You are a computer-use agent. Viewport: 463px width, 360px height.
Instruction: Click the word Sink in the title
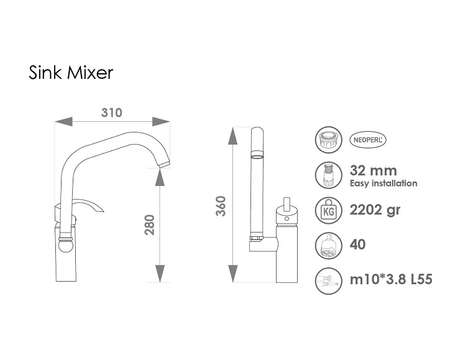[x=45, y=72]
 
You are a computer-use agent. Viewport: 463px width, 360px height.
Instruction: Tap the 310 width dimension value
[x=112, y=113]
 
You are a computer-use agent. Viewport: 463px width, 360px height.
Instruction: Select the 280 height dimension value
[x=150, y=224]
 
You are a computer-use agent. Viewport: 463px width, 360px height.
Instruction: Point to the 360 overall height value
[x=221, y=206]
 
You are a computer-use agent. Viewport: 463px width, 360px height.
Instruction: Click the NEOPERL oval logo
[x=368, y=140]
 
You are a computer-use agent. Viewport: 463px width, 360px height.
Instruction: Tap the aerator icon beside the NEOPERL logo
[x=328, y=140]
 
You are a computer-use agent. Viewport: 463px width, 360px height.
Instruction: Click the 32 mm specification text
[x=374, y=170]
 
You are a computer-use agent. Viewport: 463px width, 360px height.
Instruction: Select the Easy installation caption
[x=383, y=183]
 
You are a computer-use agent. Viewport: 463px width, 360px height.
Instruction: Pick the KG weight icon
[x=328, y=210]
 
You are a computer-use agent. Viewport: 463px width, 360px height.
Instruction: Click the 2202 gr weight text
[x=375, y=210]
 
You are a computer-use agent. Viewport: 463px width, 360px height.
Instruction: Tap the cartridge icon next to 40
[x=328, y=245]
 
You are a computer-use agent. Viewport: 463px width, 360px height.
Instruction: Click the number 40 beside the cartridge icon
[x=357, y=244]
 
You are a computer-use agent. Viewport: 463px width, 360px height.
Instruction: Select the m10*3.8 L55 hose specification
[x=391, y=279]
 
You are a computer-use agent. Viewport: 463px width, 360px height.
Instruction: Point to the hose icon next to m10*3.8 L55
[x=328, y=280]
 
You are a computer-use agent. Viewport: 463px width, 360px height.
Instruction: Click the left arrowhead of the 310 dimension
[x=63, y=121]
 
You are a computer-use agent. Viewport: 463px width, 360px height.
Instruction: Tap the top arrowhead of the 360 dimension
[x=233, y=136]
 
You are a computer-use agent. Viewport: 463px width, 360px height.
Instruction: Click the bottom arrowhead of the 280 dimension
[x=160, y=274]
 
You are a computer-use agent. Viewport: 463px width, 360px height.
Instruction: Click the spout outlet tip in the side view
[x=165, y=165]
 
